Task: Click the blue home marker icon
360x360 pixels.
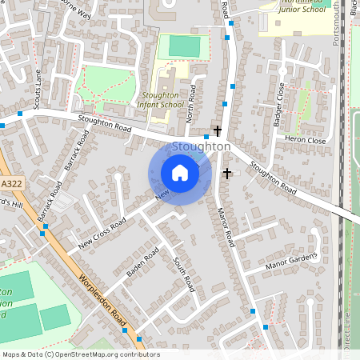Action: point(180,173)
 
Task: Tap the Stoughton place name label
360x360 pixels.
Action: point(202,147)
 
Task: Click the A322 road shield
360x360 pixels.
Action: point(11,184)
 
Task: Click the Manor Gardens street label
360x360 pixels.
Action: point(292,261)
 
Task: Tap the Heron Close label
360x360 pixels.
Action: point(306,140)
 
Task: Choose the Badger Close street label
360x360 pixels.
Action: point(280,101)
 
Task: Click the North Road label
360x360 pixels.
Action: point(190,106)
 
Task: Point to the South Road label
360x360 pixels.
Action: point(185,274)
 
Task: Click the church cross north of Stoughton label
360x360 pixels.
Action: point(216,130)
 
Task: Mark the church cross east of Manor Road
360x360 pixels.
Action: point(226,173)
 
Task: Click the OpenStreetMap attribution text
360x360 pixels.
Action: point(80,354)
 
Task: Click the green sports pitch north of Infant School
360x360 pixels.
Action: point(185,46)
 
